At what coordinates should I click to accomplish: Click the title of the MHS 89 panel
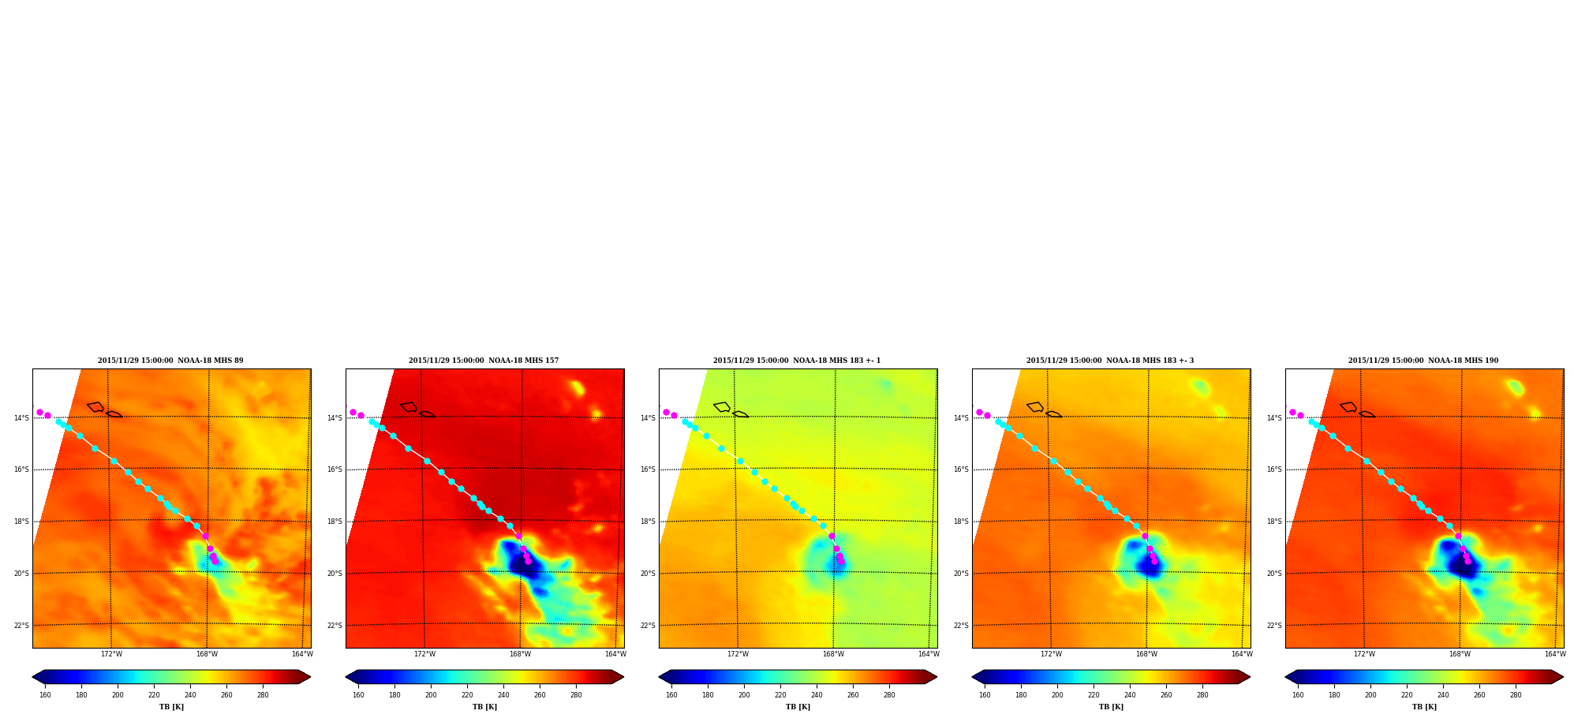pyautogui.click(x=170, y=361)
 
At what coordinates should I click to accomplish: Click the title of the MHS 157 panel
pyautogui.click(x=484, y=361)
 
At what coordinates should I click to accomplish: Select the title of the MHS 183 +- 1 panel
pyautogui.click(x=797, y=361)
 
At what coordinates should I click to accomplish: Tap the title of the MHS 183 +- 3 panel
pyautogui.click(x=1110, y=361)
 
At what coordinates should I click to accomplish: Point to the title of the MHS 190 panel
pyautogui.click(x=1423, y=361)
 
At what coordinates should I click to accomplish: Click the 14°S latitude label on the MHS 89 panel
pyautogui.click(x=21, y=418)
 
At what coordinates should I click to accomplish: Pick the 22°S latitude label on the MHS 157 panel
pyautogui.click(x=335, y=626)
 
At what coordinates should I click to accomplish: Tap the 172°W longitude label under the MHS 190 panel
pyautogui.click(x=1364, y=654)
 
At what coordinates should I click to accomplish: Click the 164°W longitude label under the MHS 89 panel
pyautogui.click(x=302, y=654)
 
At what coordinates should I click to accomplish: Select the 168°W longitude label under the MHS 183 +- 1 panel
pyautogui.click(x=833, y=654)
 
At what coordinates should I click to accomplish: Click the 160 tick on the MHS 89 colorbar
pyautogui.click(x=45, y=695)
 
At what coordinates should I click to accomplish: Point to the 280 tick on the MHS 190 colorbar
pyautogui.click(x=1516, y=695)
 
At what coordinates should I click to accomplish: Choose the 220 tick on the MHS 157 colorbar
pyautogui.click(x=467, y=695)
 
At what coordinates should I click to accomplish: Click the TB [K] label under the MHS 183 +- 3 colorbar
pyautogui.click(x=1111, y=707)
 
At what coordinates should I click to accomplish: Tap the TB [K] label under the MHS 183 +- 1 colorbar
pyautogui.click(x=798, y=707)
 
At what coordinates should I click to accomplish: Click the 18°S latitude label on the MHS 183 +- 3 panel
pyautogui.click(x=961, y=522)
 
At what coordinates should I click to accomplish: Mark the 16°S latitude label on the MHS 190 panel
pyautogui.click(x=1274, y=469)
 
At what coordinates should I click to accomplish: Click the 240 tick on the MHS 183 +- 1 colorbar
pyautogui.click(x=817, y=695)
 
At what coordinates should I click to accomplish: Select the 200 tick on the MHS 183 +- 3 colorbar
pyautogui.click(x=1057, y=695)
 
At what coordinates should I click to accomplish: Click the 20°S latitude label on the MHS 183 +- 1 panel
pyautogui.click(x=648, y=574)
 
